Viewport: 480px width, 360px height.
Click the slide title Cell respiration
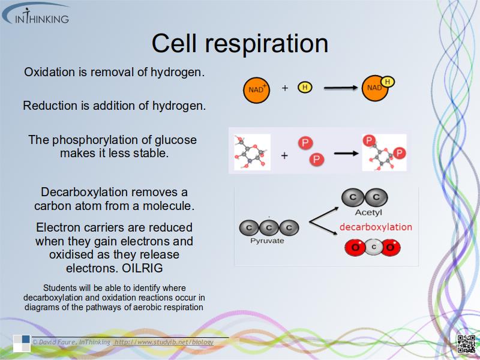239,43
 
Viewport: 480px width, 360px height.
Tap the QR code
466,343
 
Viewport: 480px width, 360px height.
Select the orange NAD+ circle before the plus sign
256,89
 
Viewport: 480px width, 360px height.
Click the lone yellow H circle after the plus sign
305,88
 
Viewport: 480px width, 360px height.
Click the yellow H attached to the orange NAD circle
388,82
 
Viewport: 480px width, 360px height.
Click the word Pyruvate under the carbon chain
267,241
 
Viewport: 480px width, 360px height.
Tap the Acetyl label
368,212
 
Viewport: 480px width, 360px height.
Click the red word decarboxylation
376,227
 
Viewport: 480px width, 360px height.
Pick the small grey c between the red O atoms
373,247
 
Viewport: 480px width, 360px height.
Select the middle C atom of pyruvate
268,227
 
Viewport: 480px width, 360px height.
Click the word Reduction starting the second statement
50,106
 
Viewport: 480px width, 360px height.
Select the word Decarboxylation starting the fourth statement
84,193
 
